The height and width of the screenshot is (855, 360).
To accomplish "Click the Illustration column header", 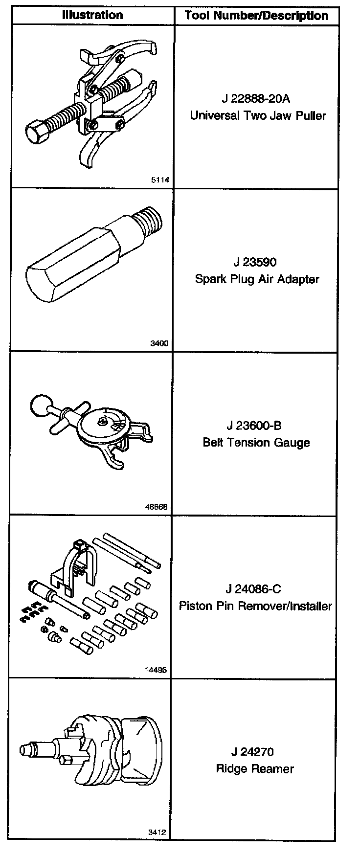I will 92,15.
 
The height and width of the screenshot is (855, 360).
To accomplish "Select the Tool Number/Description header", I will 256,16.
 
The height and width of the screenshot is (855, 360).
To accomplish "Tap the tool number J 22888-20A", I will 256,99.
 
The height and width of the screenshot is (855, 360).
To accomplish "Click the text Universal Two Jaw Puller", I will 258,116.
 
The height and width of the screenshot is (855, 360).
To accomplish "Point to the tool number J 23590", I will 255,262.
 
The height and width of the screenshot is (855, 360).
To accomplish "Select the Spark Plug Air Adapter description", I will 257,279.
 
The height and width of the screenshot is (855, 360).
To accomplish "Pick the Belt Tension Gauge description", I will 256,443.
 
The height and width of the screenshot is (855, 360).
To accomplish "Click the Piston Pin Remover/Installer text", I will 255,606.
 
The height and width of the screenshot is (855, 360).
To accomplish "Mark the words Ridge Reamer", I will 255,769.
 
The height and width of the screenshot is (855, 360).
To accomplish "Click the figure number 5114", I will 160,180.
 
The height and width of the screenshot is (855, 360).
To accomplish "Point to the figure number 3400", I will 159,343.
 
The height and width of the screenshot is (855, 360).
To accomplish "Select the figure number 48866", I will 157,507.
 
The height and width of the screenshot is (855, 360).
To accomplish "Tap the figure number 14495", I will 157,670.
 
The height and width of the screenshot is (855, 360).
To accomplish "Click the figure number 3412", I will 157,832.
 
